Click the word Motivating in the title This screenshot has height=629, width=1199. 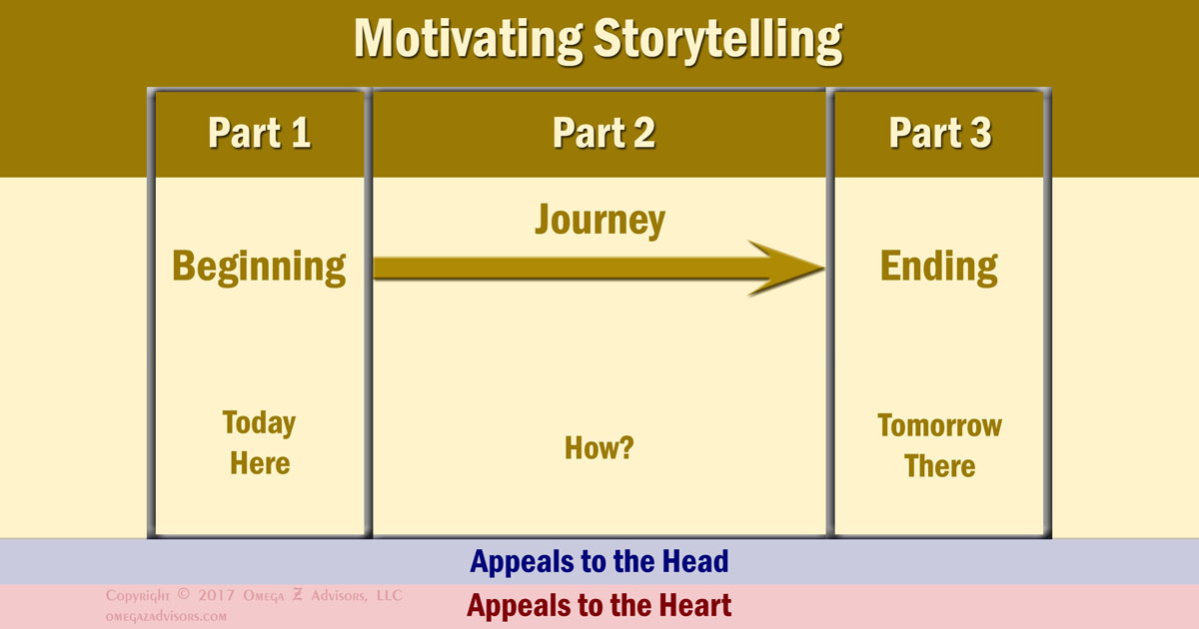point(464,39)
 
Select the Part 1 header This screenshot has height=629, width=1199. point(260,133)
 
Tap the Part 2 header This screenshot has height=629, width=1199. point(603,133)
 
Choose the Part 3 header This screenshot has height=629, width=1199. point(940,133)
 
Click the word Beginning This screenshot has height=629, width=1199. point(260,267)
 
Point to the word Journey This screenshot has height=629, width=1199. point(599,220)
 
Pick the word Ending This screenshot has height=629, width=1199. point(938,267)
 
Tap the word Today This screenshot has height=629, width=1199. point(259,422)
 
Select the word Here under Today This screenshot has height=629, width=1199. point(260,463)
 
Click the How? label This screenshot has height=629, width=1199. point(599,447)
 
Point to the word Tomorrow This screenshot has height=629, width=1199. point(939,425)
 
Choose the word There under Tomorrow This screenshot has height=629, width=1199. point(939,466)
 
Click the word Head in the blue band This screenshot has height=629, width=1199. point(691,561)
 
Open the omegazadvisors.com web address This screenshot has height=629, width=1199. point(166,616)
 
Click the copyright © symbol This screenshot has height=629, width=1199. point(182,596)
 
